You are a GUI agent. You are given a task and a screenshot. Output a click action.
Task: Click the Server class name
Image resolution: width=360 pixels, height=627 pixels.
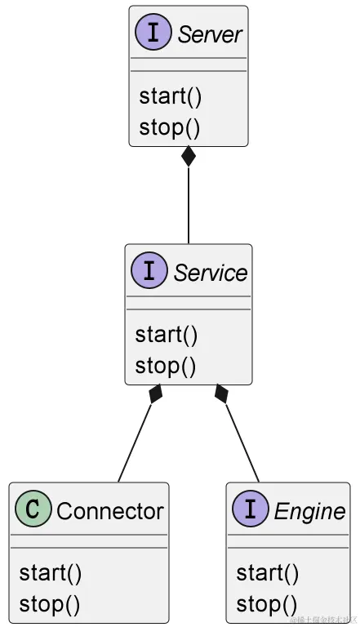click(x=210, y=34)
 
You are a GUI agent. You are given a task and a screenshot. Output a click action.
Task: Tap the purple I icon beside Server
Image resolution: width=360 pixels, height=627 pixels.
click(x=153, y=34)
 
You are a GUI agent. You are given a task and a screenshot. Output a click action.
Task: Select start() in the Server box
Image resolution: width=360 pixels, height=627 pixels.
click(x=170, y=96)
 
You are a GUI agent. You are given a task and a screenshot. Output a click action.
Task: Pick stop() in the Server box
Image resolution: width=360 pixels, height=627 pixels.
click(x=170, y=127)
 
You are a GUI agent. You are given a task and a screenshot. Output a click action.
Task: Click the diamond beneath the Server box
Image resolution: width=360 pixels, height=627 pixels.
click(x=189, y=156)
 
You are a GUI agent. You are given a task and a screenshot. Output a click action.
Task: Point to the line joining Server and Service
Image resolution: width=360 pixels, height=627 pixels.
click(x=189, y=204)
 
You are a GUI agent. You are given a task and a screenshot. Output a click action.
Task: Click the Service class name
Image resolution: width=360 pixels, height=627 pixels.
click(x=210, y=273)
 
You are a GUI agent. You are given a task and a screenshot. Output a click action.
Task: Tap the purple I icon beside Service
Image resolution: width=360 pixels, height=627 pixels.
click(x=149, y=272)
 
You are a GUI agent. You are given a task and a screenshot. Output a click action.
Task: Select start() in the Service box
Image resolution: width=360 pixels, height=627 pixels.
click(x=167, y=335)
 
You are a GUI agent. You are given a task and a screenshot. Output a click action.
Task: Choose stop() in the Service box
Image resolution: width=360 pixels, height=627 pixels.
click(x=166, y=366)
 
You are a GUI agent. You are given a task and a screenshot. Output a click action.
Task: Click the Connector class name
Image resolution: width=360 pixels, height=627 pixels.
click(x=109, y=511)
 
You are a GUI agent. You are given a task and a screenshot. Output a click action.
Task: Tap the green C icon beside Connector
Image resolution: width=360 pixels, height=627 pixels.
click(x=33, y=510)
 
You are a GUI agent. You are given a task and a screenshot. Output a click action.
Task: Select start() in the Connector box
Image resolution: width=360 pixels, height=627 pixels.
click(x=51, y=573)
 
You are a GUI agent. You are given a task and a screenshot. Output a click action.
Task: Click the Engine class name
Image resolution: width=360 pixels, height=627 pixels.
click(x=309, y=511)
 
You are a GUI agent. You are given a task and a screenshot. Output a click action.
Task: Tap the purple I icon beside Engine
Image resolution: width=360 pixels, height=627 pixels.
click(x=251, y=510)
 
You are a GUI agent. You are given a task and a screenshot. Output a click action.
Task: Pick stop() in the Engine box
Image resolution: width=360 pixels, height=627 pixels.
click(x=267, y=604)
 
